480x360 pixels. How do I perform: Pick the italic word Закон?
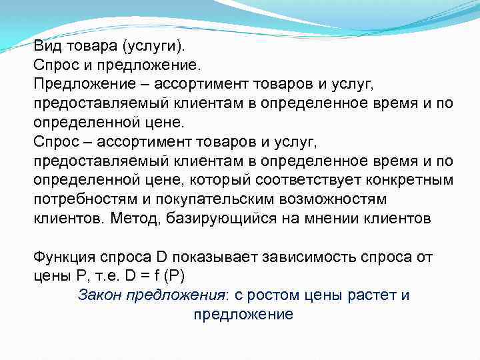click(98, 295)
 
